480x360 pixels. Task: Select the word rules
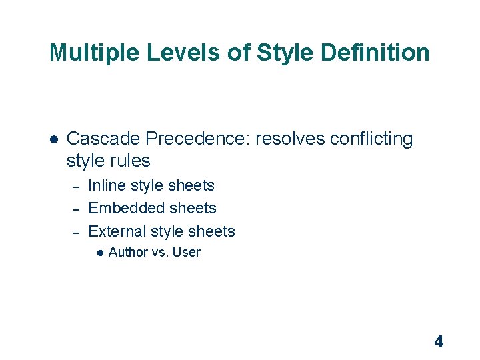click(131, 161)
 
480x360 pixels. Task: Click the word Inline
click(107, 185)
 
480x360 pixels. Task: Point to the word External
click(117, 231)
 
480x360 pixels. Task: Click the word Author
click(128, 252)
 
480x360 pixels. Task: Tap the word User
click(186, 252)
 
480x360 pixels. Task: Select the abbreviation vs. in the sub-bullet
click(160, 253)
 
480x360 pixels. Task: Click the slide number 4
click(438, 342)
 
